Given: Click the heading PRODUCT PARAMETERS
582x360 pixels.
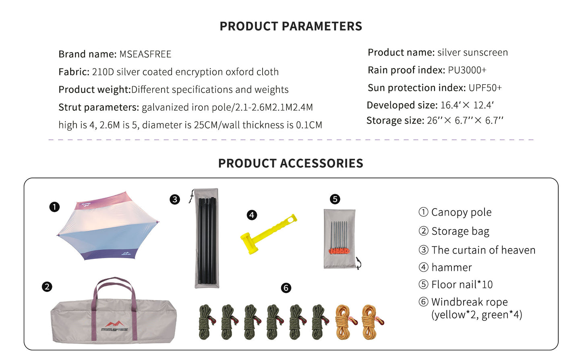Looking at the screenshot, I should click(291, 26).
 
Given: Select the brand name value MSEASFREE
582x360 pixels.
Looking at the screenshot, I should click(145, 54).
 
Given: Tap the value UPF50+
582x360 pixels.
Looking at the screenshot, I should click(485, 88).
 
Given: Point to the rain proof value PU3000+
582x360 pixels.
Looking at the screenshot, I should click(467, 70).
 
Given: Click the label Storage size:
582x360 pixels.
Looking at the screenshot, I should click(395, 120).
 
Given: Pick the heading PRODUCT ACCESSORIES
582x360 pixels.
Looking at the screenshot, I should click(291, 163).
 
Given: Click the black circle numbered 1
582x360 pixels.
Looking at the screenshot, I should click(54, 207).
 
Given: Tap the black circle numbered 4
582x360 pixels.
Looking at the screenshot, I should click(252, 215).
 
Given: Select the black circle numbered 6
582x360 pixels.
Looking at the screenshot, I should click(286, 288).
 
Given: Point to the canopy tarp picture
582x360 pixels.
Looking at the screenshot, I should click(108, 228).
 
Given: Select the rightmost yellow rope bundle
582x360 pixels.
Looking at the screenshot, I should click(371, 322).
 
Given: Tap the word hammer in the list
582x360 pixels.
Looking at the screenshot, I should click(452, 267).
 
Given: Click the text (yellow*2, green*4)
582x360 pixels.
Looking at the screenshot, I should click(476, 314).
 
